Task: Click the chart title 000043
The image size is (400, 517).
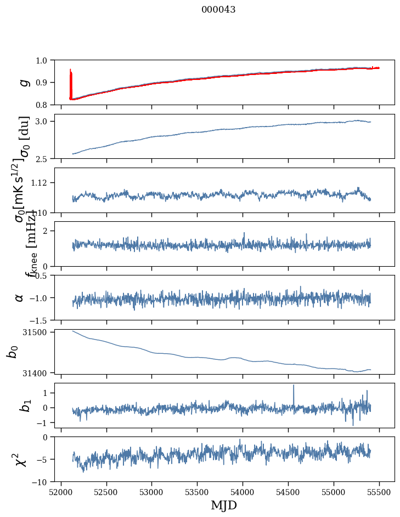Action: pyautogui.click(x=218, y=10)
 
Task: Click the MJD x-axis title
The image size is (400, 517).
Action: pyautogui.click(x=224, y=505)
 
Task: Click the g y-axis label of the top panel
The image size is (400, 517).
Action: pyautogui.click(x=24, y=82)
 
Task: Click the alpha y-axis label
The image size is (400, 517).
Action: pyautogui.click(x=20, y=297)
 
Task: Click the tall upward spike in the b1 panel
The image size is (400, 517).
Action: pyautogui.click(x=294, y=387)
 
